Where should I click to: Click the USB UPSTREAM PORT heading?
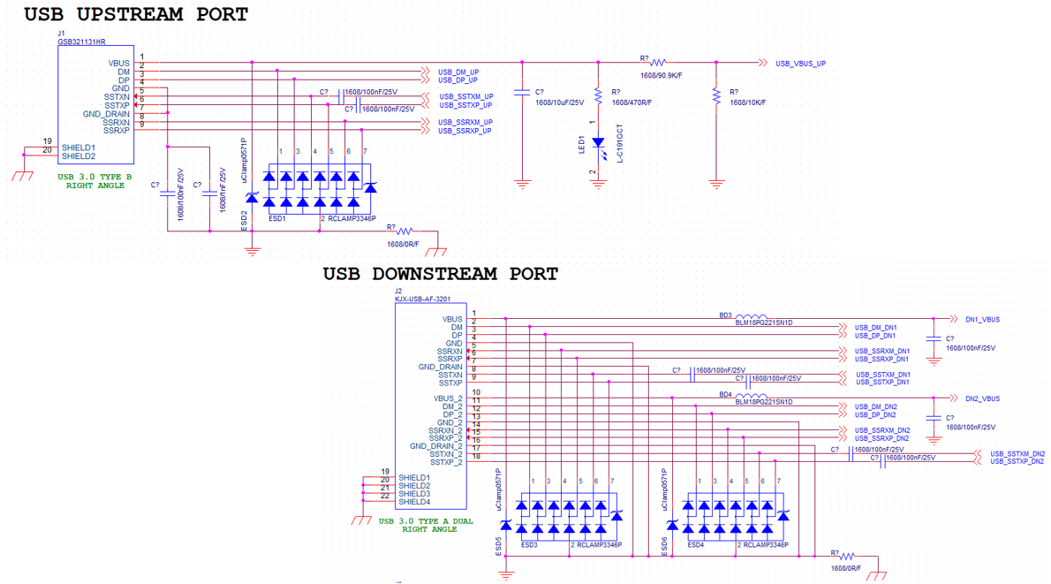(135, 15)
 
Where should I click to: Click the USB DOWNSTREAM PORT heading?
(440, 274)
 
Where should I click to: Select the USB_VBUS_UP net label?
(800, 64)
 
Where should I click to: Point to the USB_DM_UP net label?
(458, 72)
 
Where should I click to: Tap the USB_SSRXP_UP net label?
(465, 131)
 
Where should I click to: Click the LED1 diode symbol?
(598, 142)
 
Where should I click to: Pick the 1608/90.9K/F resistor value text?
(661, 76)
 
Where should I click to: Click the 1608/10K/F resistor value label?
(747, 102)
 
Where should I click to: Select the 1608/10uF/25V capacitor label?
(560, 102)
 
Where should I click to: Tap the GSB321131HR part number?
(82, 42)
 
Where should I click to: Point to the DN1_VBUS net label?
(982, 320)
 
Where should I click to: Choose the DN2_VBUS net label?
(982, 399)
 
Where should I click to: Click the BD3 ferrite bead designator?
(725, 315)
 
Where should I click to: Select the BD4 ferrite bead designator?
(725, 394)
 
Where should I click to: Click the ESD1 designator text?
(277, 218)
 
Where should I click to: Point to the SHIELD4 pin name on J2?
(414, 502)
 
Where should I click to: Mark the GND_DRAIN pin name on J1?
(106, 114)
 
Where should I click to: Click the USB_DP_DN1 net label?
(875, 336)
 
